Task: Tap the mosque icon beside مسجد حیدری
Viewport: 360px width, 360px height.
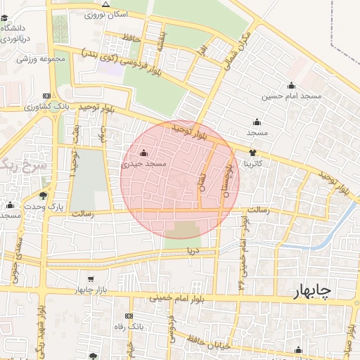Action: click(144, 153)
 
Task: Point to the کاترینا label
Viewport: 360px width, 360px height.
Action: click(253, 163)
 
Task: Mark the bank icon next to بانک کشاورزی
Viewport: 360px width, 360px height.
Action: click(47, 96)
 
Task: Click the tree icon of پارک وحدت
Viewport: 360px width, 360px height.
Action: click(44, 196)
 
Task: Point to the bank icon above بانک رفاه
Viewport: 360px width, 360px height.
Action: click(128, 316)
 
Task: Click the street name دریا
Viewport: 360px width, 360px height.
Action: click(191, 250)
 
